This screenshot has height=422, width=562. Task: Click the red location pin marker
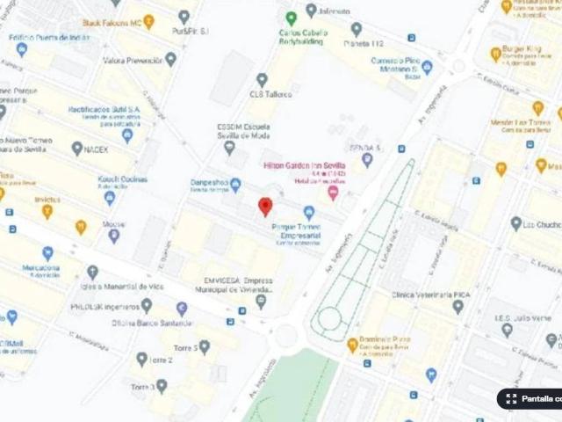[x=264, y=207]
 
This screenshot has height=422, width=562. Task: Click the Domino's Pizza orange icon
[x=352, y=345]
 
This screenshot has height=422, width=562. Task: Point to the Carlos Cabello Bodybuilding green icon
[x=292, y=18]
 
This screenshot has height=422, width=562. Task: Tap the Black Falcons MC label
[x=111, y=23]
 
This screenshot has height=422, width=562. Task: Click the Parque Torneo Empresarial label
[x=296, y=230]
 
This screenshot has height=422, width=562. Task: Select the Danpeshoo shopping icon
[x=235, y=185]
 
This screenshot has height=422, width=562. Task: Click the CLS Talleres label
[x=270, y=93]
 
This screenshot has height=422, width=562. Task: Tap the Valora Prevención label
[x=132, y=61]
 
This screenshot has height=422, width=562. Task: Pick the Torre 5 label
[x=184, y=348]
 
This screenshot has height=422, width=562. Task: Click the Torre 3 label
[x=143, y=386]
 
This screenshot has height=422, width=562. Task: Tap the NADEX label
[x=97, y=149]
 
